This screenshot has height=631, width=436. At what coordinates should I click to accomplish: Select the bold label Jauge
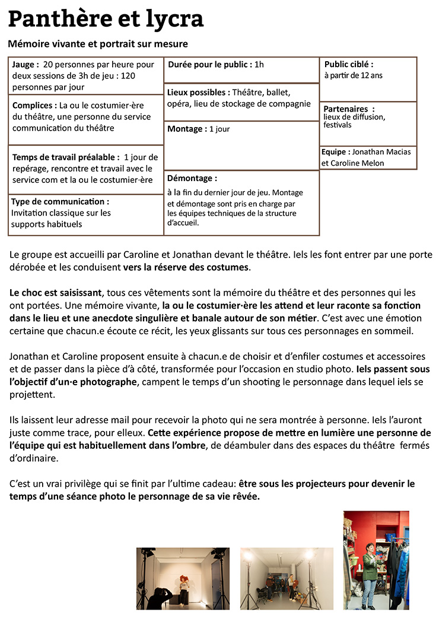[25, 65]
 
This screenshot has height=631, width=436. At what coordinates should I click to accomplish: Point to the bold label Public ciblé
[349, 65]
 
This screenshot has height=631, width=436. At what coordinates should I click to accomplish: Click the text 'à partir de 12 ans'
[353, 75]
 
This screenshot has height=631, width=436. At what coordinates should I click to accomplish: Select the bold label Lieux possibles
[198, 93]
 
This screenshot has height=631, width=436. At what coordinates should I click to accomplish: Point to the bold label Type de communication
[60, 202]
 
